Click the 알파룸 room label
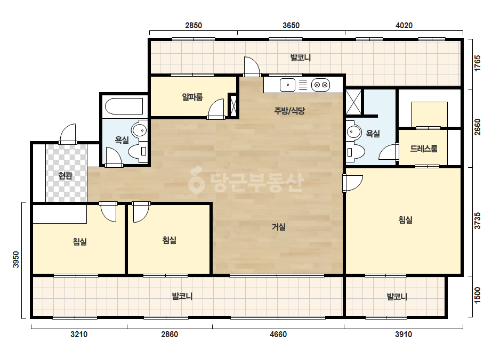pos(192,97)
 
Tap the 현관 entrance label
pos(65,176)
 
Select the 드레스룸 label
pos(424,149)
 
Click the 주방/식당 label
pos(289,111)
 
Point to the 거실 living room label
pos(279,226)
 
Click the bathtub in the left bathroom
pos(124,107)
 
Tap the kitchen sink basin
pos(287,85)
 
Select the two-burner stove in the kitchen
pos(321,85)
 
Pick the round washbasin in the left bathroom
pos(140,130)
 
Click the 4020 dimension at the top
pos(404,26)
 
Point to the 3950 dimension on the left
pos(15,260)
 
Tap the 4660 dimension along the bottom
pos(278,334)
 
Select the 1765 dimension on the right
pos(477,63)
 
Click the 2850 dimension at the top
pos(193,26)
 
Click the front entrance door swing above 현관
pos(68,134)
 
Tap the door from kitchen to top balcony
pos(252,67)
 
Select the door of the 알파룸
pos(216,109)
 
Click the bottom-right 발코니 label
pos(397,296)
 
